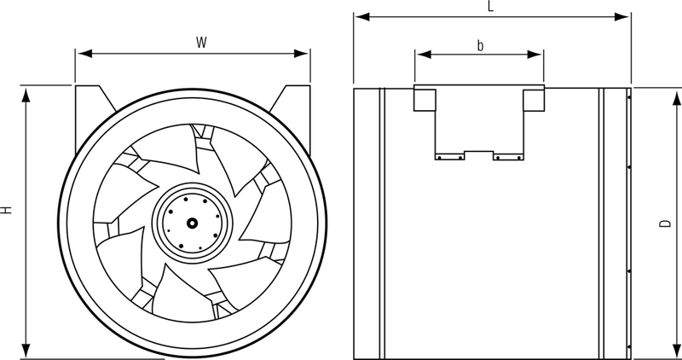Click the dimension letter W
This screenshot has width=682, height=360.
click(x=201, y=40)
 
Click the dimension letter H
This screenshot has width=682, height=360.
click(x=7, y=209)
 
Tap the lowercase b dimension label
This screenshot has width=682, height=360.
click(x=480, y=45)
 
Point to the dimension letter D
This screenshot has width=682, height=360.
click(x=664, y=224)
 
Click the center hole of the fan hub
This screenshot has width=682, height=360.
click(x=192, y=223)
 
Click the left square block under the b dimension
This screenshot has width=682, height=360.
click(x=425, y=100)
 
